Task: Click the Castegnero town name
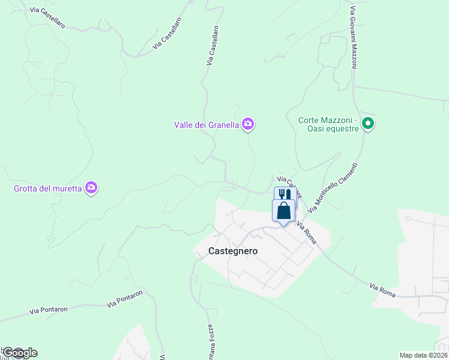click(233, 251)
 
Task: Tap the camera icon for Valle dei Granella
click(248, 124)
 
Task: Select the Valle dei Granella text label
click(206, 125)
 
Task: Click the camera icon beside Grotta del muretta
click(91, 188)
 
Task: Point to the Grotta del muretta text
click(49, 188)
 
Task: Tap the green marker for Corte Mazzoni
click(369, 124)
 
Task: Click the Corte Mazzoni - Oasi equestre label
click(328, 124)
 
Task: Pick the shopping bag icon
click(284, 211)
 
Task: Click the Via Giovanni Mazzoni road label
click(354, 38)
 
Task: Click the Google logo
click(19, 353)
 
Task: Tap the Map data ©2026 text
click(423, 355)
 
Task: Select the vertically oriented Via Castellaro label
click(211, 45)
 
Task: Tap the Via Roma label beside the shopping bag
click(307, 231)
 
